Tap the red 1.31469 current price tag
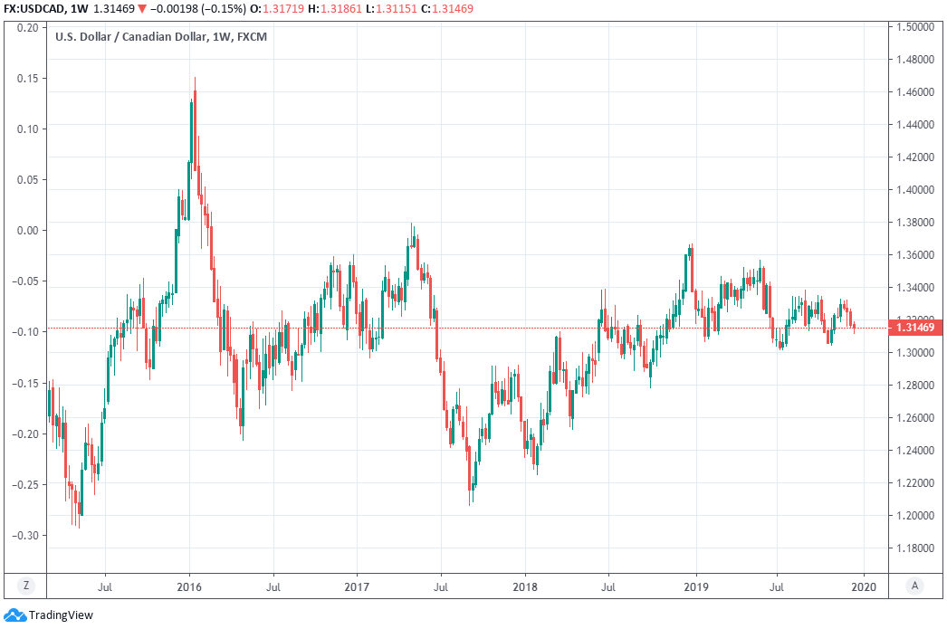click(914, 328)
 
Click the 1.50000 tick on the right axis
click(914, 27)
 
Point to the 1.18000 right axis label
click(914, 548)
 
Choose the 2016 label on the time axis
click(189, 586)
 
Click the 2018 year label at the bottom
click(525, 586)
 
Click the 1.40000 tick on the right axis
click(914, 190)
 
